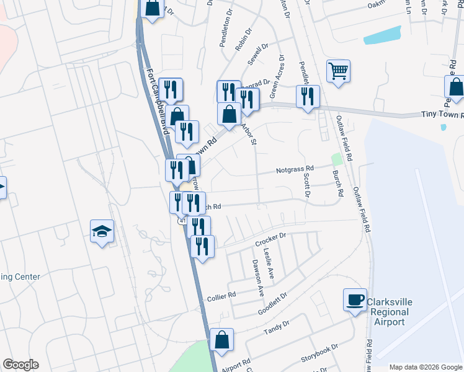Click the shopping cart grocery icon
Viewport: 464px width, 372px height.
click(338, 71)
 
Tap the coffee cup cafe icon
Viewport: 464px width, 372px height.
click(355, 300)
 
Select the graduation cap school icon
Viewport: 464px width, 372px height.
click(102, 231)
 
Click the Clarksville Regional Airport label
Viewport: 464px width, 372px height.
click(389, 312)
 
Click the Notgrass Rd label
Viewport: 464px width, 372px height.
click(295, 169)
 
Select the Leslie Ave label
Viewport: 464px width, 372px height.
click(270, 263)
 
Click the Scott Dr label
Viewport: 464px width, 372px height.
click(306, 185)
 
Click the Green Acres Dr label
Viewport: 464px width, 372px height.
click(277, 76)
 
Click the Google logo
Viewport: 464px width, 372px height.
click(20, 365)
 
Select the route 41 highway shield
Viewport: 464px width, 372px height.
click(181, 220)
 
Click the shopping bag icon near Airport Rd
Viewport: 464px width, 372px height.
click(221, 340)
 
